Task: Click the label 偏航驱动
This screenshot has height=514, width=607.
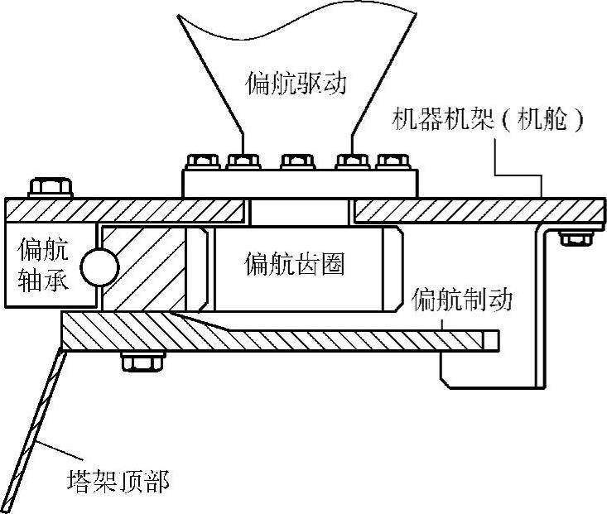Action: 294,83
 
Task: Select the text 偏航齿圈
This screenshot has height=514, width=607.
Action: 294,265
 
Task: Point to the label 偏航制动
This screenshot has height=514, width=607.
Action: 463,299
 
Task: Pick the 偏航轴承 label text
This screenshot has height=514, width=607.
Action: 45,263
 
